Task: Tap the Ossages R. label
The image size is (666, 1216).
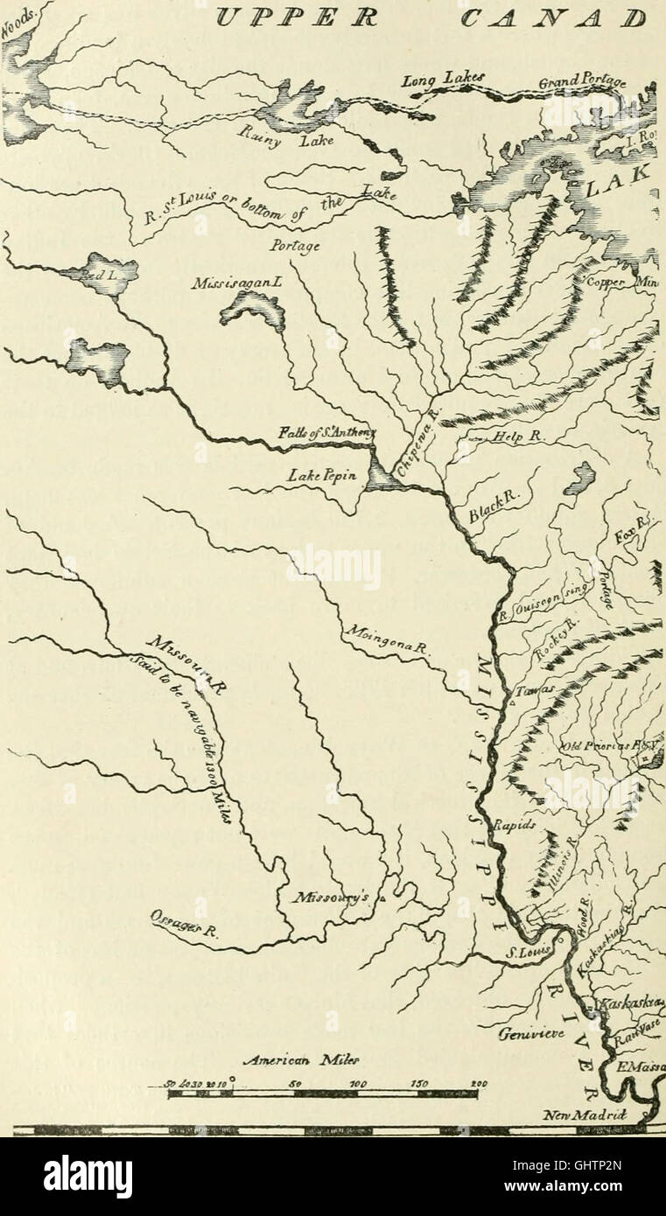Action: click(182, 926)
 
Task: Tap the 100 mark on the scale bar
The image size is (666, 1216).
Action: click(359, 1083)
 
